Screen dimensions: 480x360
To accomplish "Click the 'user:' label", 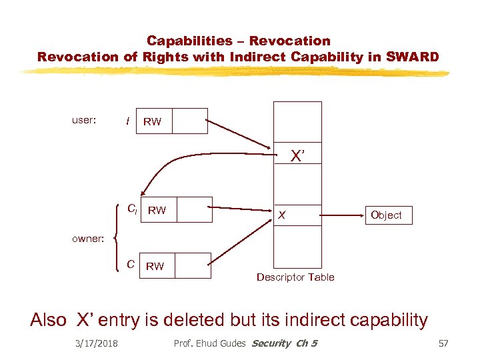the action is coord(84,121).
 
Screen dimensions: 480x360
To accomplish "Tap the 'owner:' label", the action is coord(88,238).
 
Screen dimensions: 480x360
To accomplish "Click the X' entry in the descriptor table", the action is coord(297,157).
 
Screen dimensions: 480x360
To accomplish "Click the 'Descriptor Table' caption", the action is coord(295,277).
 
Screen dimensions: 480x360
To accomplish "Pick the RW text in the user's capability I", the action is coord(152,121).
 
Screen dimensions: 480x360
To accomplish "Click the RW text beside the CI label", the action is coord(157,211).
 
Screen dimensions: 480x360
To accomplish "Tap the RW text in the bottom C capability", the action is coord(155,266).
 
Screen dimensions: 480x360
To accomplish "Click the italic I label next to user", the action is coord(127,121).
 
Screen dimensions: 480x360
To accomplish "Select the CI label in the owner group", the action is coord(132,209).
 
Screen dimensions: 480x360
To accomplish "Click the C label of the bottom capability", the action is coord(131,264).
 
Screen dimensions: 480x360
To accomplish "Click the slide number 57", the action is coord(443,343).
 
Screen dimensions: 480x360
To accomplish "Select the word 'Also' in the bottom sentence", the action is coord(49,320).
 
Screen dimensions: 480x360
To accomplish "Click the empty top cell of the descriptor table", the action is coord(297,121).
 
